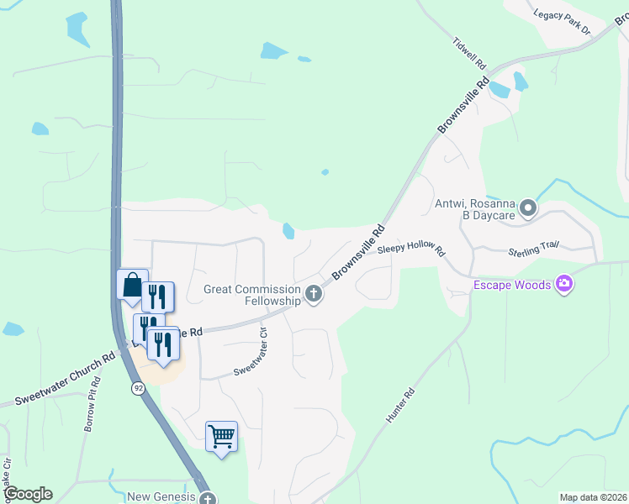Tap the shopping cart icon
(221, 437)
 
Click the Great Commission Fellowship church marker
(314, 294)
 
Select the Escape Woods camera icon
(564, 285)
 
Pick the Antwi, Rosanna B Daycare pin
(527, 207)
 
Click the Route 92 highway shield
(136, 389)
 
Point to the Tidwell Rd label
(469, 53)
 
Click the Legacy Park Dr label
(563, 22)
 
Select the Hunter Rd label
(400, 405)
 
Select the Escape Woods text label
(511, 285)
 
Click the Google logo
(28, 494)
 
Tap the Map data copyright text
(593, 497)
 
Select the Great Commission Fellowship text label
(252, 295)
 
